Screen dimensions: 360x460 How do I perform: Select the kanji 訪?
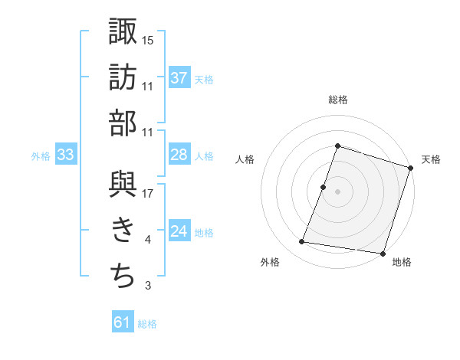(123, 77)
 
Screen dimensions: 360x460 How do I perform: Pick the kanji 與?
(123, 184)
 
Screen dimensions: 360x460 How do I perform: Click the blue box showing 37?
(179, 77)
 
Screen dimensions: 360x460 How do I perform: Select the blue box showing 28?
(179, 155)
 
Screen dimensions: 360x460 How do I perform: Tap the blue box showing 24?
(179, 231)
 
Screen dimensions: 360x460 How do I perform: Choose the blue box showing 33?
(66, 155)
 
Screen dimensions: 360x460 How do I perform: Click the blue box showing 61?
(123, 322)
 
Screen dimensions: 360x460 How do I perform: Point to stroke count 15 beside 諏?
(148, 39)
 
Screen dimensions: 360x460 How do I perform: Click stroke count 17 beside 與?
(148, 193)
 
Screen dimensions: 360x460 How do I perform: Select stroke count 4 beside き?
(148, 241)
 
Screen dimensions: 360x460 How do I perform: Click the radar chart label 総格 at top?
(337, 100)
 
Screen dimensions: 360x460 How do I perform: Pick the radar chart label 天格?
(432, 159)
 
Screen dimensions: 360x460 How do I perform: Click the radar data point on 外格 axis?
(302, 242)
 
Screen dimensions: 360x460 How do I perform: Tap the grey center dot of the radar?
(337, 192)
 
